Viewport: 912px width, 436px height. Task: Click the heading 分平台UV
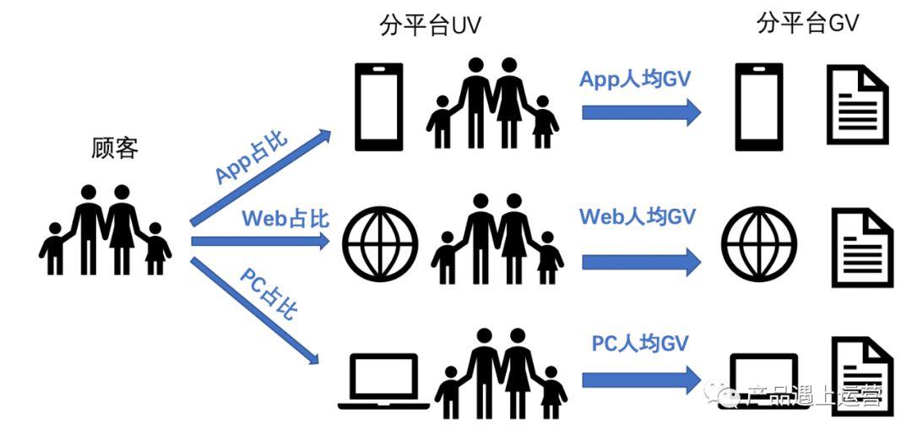[x=430, y=25]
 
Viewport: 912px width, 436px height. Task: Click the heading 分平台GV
[x=807, y=23]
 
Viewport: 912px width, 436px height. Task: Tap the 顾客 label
[x=114, y=149]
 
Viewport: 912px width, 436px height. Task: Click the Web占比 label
[x=285, y=218]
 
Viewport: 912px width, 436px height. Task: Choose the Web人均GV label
[x=637, y=216]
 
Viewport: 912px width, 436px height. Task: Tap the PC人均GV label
[x=639, y=343]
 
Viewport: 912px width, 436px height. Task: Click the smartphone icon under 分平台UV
[x=377, y=106]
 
